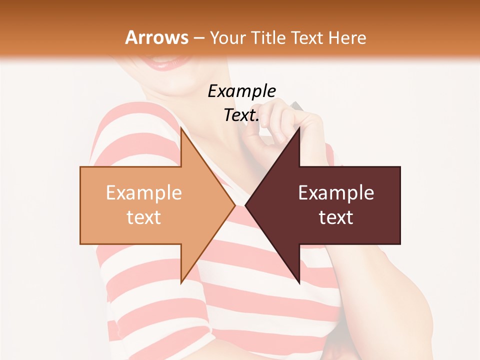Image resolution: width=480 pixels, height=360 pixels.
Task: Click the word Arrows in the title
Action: tap(157, 37)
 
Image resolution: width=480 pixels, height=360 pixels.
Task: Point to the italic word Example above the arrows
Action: tap(241, 91)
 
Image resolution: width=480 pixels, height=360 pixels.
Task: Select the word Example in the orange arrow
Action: tap(144, 192)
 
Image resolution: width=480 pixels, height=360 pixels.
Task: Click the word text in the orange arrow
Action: tap(144, 217)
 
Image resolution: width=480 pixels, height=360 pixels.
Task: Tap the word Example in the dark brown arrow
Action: tap(336, 192)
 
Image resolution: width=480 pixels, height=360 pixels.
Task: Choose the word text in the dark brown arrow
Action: tap(336, 217)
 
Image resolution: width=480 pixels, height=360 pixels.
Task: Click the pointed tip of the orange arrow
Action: tap(234, 205)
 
